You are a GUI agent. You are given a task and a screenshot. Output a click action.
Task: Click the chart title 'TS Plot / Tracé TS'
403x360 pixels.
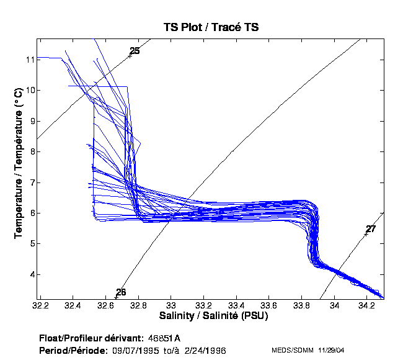tap(211, 27)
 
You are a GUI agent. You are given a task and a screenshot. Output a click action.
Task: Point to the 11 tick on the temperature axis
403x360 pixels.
tap(29, 60)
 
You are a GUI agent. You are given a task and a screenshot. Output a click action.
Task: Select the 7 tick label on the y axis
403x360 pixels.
tap(29, 182)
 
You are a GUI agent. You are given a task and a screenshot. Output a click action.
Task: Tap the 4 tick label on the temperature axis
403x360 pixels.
tap(29, 274)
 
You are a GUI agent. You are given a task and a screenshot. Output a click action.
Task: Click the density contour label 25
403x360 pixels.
tap(135, 51)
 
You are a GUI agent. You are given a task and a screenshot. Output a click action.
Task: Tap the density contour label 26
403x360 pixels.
tap(121, 292)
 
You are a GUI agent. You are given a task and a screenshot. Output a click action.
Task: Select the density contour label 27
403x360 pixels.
tap(371, 229)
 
